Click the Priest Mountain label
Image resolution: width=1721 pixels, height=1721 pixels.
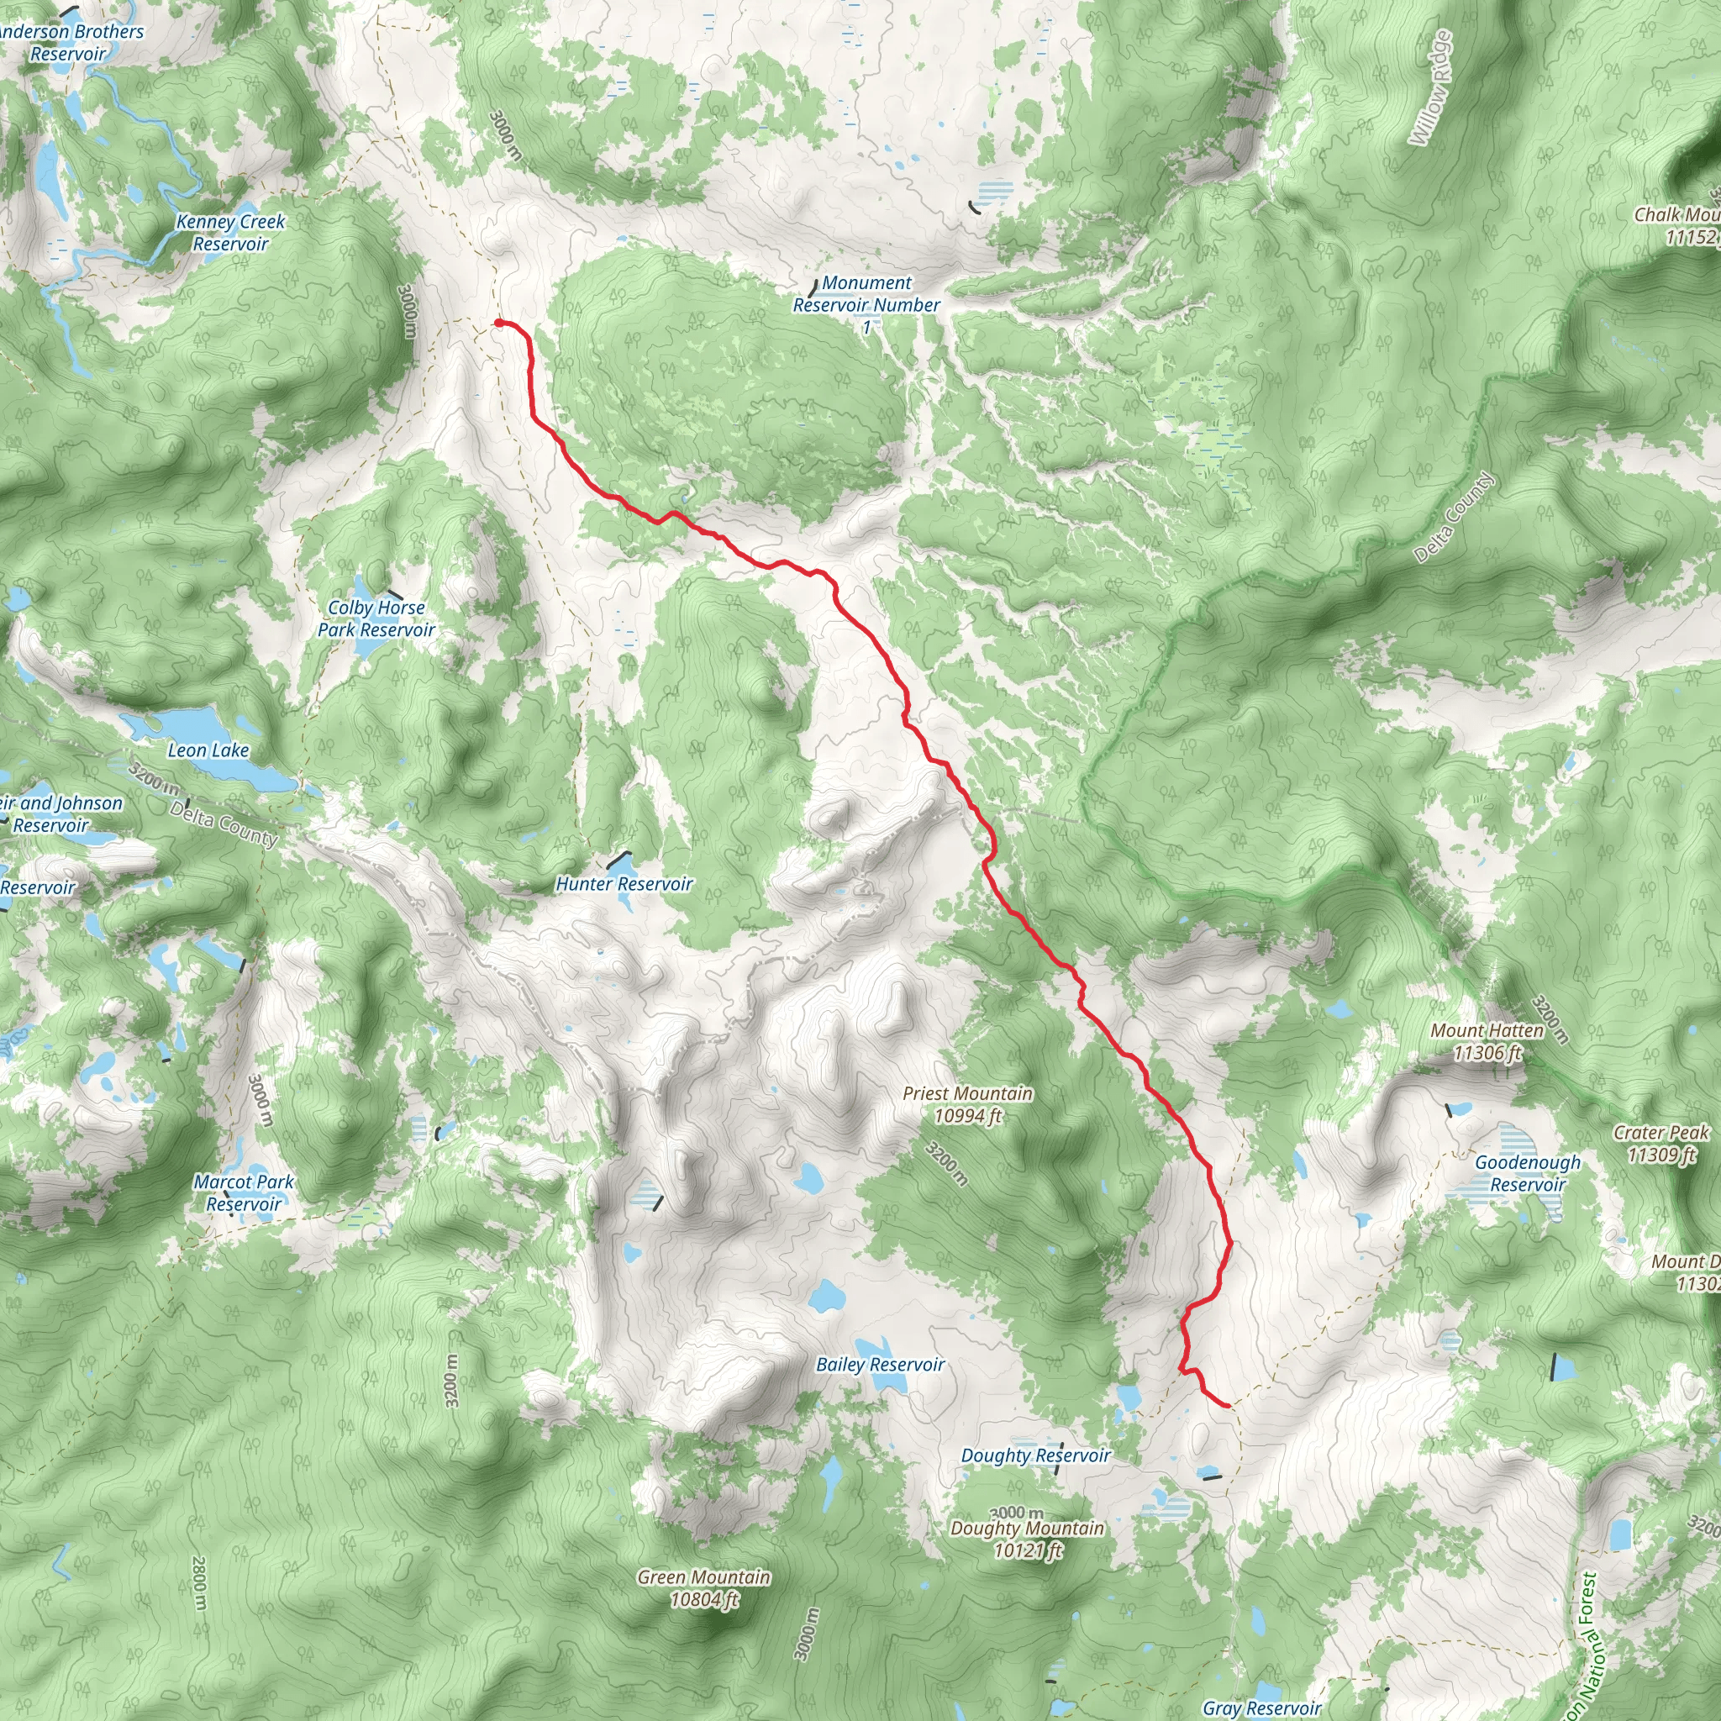click(x=967, y=1104)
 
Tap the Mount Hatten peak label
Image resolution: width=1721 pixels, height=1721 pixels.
click(x=1487, y=1042)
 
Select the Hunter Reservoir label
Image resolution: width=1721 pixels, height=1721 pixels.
click(x=624, y=884)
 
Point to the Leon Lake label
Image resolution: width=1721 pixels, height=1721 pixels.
click(x=208, y=751)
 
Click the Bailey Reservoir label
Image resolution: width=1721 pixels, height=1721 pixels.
click(x=880, y=1365)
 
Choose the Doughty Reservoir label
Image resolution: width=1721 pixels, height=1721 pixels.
click(x=1035, y=1455)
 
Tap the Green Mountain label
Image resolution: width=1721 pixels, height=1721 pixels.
click(x=703, y=1588)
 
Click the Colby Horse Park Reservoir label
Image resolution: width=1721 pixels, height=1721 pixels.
click(x=376, y=618)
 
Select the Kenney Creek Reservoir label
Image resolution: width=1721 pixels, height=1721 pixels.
click(x=231, y=233)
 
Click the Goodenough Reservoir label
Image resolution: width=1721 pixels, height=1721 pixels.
click(x=1528, y=1173)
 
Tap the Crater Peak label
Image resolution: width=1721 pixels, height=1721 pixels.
click(x=1661, y=1144)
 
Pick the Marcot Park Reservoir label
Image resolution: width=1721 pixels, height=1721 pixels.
click(x=243, y=1192)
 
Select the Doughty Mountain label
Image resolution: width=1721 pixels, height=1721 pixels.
click(x=1027, y=1539)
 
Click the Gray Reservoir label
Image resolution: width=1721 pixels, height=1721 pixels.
click(x=1261, y=1708)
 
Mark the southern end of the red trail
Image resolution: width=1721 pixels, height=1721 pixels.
click(x=1229, y=1406)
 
